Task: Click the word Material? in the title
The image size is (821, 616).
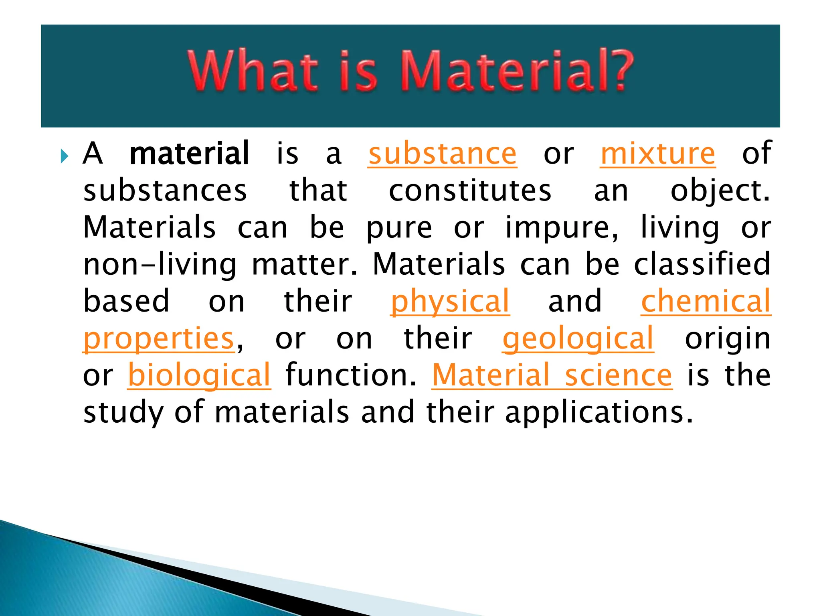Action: (517, 71)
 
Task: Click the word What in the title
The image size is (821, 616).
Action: (253, 71)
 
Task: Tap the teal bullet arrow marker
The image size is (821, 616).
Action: (65, 156)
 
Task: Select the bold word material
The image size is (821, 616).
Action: (190, 154)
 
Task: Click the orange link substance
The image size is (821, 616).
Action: (443, 154)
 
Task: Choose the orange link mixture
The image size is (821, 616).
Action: (658, 154)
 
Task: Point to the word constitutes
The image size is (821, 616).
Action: (470, 191)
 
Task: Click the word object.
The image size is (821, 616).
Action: (720, 191)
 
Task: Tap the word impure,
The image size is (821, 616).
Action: (562, 228)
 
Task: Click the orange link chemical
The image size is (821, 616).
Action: (706, 301)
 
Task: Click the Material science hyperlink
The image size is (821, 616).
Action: (552, 375)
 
